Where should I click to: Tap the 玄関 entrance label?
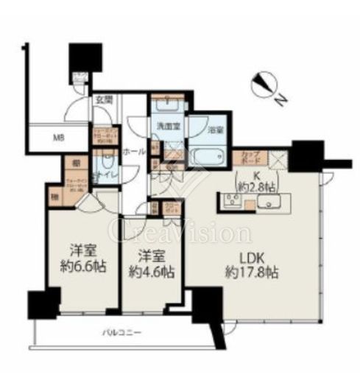(102, 101)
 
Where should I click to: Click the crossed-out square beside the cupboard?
(278, 159)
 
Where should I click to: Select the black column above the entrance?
(80, 59)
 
